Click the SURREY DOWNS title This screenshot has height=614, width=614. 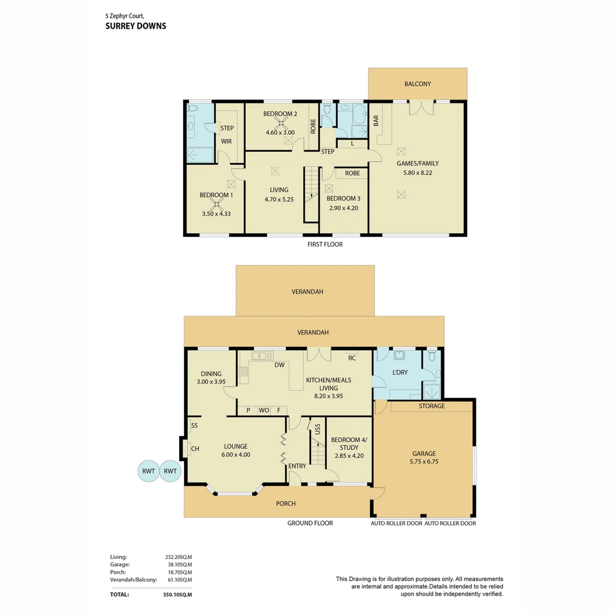135,26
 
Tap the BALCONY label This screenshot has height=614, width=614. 417,84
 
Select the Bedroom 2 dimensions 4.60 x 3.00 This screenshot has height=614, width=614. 280,132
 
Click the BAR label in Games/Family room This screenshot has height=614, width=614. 376,121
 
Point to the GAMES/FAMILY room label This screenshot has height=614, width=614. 417,163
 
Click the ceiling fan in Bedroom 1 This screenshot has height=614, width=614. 216,204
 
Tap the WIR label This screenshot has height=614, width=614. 226,142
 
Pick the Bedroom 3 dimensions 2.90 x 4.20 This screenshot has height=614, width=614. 343,208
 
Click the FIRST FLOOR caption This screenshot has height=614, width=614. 325,244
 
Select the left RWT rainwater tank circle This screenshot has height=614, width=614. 148,471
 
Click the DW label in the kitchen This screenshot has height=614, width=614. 280,365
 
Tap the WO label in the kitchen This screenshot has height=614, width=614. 264,410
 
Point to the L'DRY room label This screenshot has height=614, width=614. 400,372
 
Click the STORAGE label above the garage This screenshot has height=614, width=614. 432,406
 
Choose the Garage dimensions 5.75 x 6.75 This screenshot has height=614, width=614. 424,461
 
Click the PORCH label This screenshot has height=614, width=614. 285,504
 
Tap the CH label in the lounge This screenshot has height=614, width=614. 195,449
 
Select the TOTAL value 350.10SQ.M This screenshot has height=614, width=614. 177,595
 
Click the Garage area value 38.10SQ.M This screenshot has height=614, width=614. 180,565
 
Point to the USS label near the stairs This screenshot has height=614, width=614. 318,429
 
